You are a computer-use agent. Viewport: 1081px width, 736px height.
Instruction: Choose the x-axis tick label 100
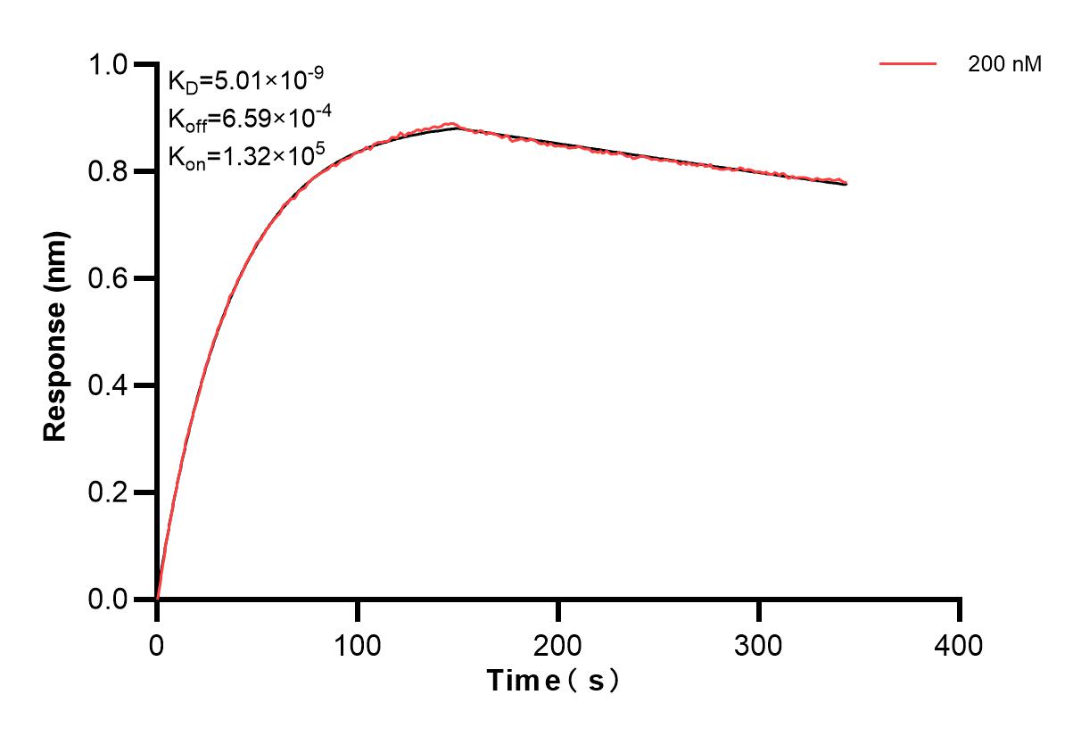tap(358, 645)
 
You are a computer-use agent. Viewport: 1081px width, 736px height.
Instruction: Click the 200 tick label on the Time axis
tap(558, 645)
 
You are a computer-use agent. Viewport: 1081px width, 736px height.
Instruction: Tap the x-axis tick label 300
tap(759, 645)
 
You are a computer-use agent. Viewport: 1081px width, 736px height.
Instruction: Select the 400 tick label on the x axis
tap(960, 645)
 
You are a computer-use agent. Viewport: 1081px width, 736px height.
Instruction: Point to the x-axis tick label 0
tap(157, 645)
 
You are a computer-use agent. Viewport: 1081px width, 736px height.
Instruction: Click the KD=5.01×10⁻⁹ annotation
tap(245, 82)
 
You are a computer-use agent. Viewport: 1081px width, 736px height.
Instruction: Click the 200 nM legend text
tap(1005, 64)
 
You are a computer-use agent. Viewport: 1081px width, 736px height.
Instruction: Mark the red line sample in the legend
tap(908, 64)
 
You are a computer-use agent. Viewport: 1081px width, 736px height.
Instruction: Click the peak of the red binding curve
tap(454, 124)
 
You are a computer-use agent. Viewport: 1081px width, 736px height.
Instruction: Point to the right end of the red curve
tap(846, 183)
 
